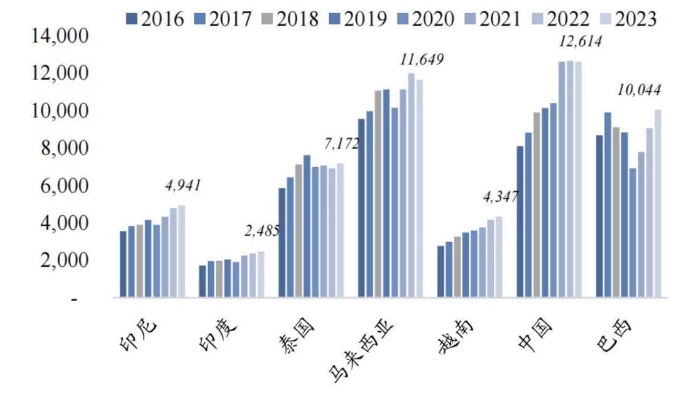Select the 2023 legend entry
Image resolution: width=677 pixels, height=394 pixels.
(x=629, y=19)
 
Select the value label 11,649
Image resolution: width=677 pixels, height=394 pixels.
(x=421, y=60)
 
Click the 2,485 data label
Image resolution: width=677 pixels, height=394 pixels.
(x=261, y=231)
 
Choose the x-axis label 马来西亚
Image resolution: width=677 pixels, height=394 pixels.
(x=355, y=351)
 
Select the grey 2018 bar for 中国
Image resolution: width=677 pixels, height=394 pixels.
(x=537, y=204)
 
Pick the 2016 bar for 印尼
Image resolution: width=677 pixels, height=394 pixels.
(x=123, y=264)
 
